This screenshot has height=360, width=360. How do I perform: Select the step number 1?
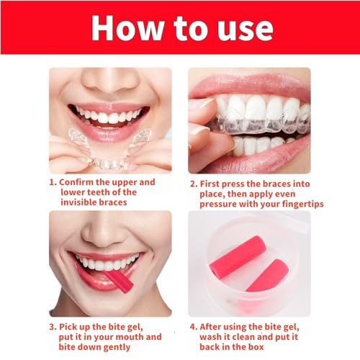(x=52, y=182)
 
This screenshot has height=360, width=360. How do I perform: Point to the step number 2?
(x=192, y=182)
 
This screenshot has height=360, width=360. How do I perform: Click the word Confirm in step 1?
(x=78, y=182)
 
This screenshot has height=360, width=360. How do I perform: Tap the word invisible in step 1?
(x=78, y=204)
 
